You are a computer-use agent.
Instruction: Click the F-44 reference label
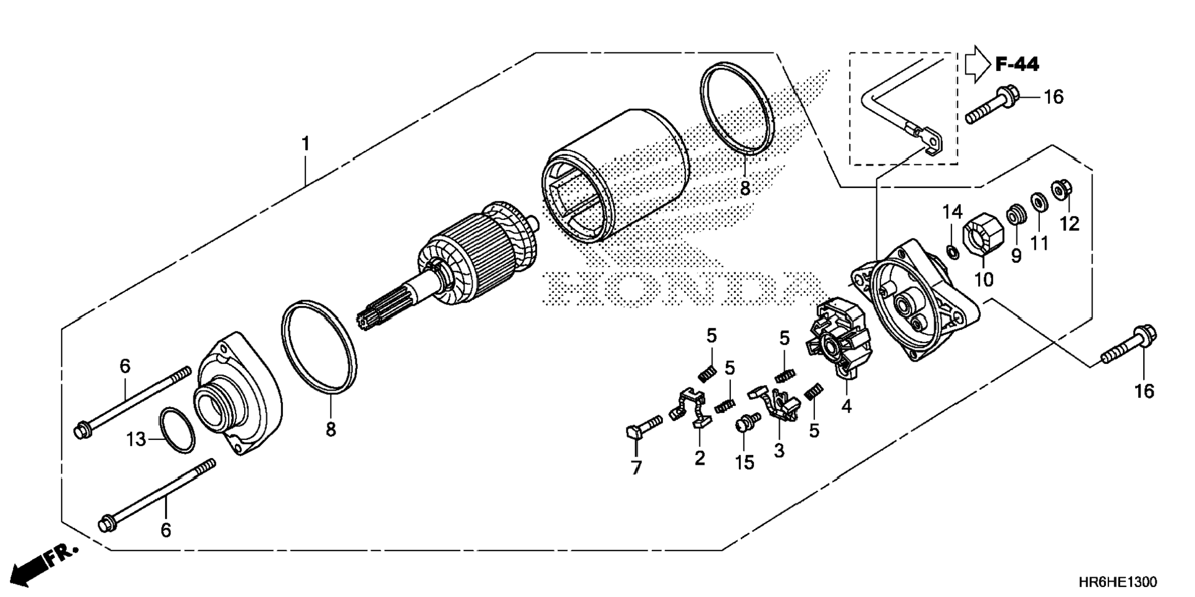(1016, 64)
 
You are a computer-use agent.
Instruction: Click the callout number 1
(305, 144)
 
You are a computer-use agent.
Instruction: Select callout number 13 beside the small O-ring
(136, 439)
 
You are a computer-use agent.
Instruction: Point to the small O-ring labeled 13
(177, 430)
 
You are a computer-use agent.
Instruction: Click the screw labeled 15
(746, 423)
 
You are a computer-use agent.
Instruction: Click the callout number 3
(779, 451)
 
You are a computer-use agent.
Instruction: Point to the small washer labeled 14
(953, 252)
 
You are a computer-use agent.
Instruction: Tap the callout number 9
(1016, 256)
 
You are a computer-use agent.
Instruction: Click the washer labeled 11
(1038, 202)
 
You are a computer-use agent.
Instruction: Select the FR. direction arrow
(43, 563)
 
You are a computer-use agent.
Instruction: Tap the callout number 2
(699, 458)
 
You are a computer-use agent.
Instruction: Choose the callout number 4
(846, 407)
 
